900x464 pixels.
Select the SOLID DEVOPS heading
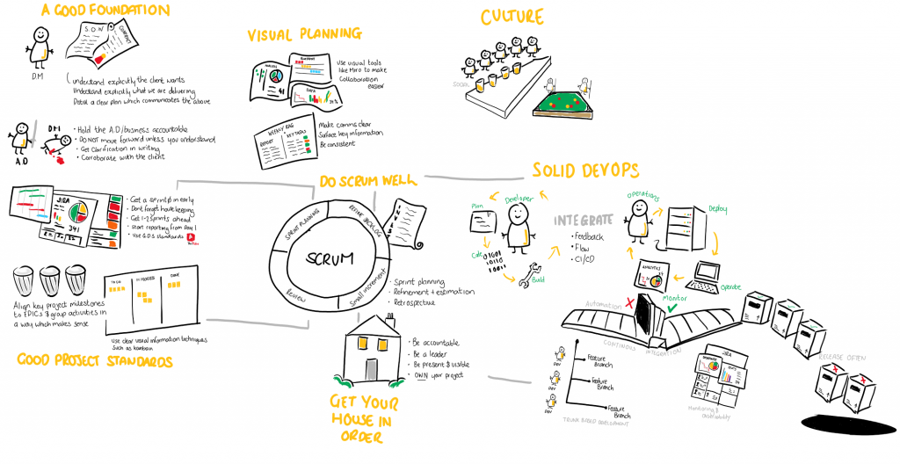(x=585, y=169)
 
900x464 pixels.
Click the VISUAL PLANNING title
(x=304, y=34)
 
